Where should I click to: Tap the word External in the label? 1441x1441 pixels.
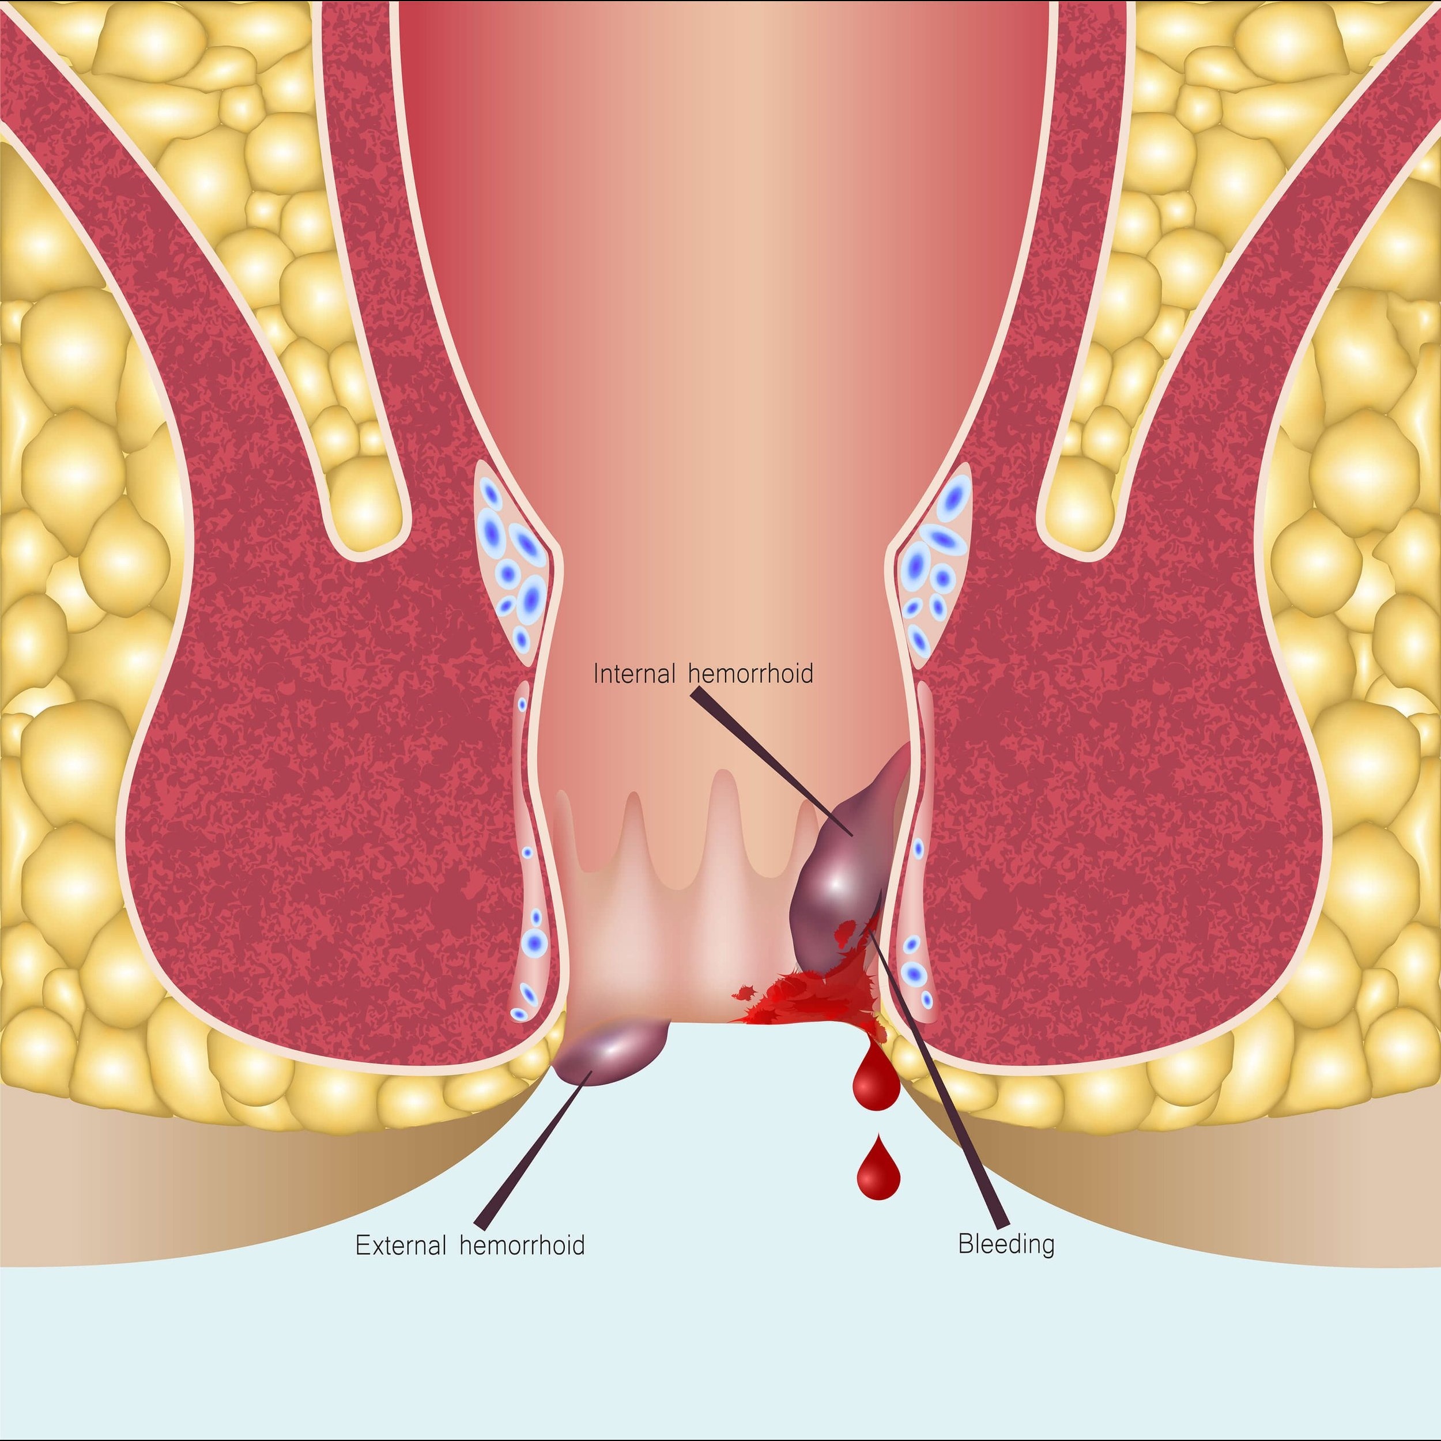click(401, 1245)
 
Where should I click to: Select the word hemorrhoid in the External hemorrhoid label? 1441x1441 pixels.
click(522, 1245)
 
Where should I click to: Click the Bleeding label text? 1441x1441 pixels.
click(1006, 1244)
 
